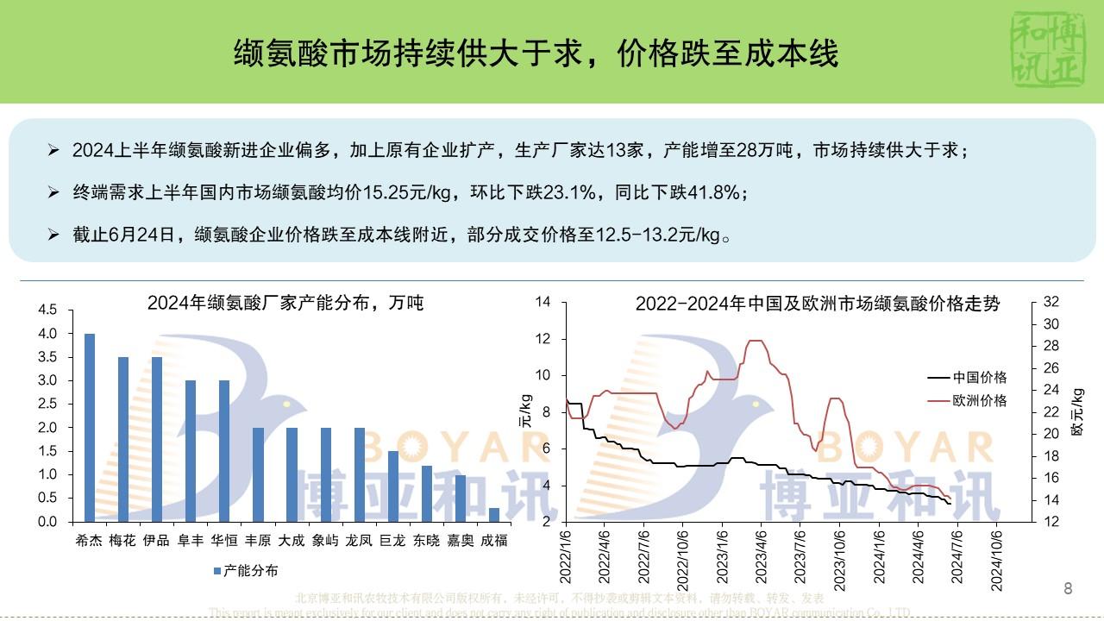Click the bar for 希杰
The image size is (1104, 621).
click(x=90, y=427)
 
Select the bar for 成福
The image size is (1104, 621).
click(x=494, y=514)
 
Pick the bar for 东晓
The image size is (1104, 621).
click(x=427, y=493)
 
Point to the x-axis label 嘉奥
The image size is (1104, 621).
click(x=460, y=541)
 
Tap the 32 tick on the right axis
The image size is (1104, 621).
click(x=1051, y=302)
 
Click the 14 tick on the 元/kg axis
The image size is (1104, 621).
click(x=543, y=302)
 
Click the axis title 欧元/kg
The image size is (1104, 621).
click(x=1076, y=411)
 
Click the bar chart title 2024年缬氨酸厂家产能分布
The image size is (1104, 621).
click(x=285, y=303)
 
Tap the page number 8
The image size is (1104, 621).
click(x=1068, y=589)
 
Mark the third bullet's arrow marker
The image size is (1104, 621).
click(x=53, y=235)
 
